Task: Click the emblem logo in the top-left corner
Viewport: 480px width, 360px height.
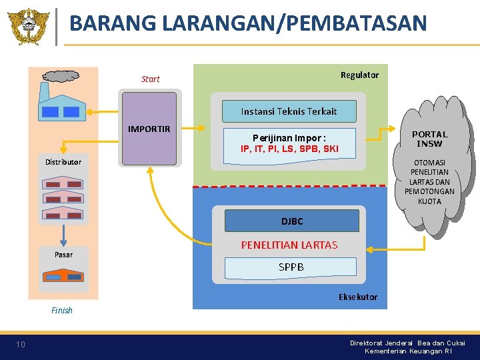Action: click(x=28, y=26)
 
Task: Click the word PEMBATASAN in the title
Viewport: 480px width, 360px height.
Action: click(x=356, y=23)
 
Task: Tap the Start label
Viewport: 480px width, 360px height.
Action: click(x=151, y=79)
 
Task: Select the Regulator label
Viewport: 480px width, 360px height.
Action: click(x=359, y=75)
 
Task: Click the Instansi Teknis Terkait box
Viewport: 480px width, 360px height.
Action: click(x=289, y=111)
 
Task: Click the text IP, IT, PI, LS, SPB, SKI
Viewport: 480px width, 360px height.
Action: click(x=289, y=149)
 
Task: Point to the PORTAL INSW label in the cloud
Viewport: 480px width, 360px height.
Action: click(x=429, y=139)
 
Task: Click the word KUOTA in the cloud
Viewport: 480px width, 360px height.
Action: click(x=429, y=201)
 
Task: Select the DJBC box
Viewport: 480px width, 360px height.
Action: click(x=291, y=221)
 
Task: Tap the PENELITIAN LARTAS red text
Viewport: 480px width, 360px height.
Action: click(x=289, y=245)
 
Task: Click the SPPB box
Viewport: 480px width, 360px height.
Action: click(x=291, y=267)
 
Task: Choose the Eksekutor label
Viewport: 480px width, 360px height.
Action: click(x=358, y=297)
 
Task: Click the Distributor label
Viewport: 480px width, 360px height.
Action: click(x=63, y=162)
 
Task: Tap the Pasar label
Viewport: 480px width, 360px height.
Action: click(x=64, y=254)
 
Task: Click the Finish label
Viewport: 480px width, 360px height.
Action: click(x=62, y=310)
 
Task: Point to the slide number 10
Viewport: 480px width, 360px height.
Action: click(x=21, y=345)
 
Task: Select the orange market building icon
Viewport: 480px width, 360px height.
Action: click(x=63, y=275)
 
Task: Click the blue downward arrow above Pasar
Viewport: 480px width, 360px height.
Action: click(x=63, y=235)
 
